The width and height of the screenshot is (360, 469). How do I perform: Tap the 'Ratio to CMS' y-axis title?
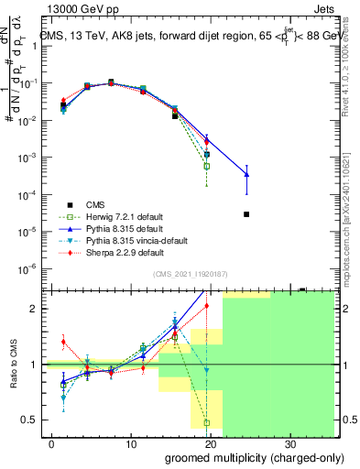tap(16, 364)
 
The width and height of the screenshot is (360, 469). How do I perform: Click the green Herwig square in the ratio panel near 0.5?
tap(207, 423)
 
